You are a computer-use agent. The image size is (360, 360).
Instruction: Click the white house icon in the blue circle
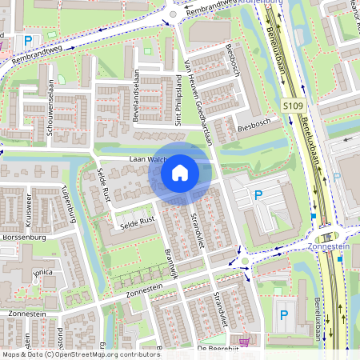pyautogui.click(x=180, y=172)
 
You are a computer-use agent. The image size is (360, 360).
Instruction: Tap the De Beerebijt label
pyautogui.click(x=218, y=350)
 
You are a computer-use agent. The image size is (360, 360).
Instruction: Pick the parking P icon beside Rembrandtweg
pyautogui.click(x=28, y=40)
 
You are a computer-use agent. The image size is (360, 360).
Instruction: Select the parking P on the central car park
pyautogui.click(x=258, y=195)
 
